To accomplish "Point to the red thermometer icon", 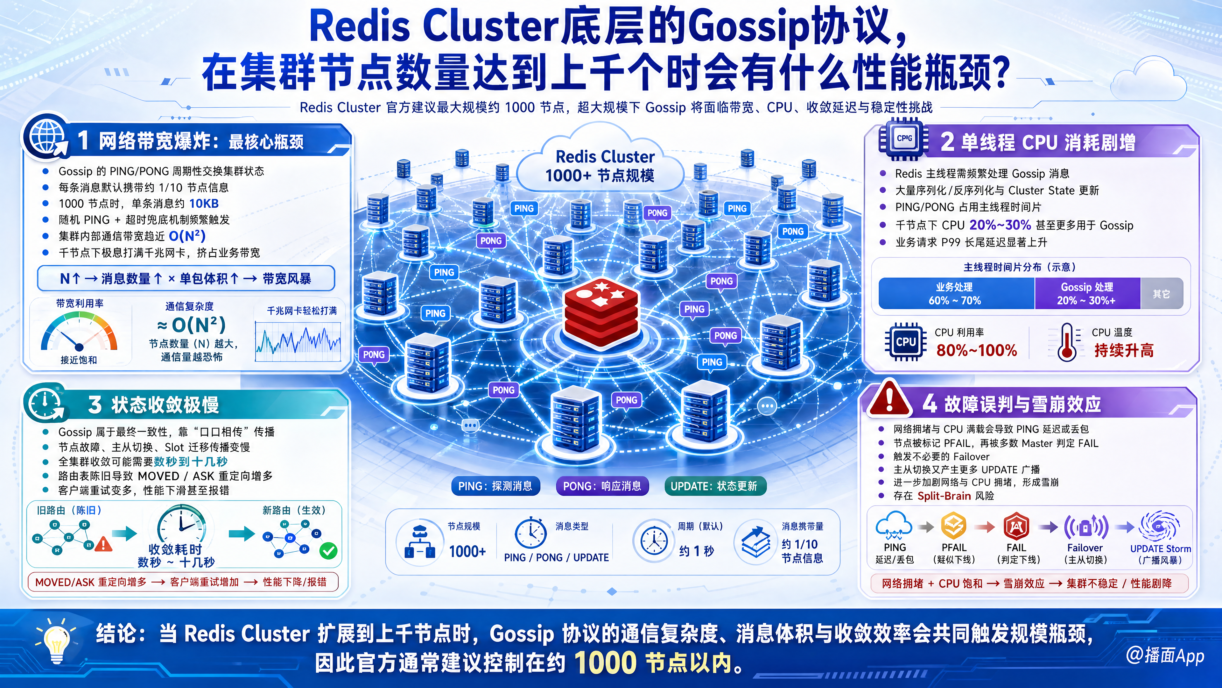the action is [1067, 342].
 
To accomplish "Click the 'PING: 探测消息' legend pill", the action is [495, 486].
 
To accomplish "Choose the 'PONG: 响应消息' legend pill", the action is [602, 486].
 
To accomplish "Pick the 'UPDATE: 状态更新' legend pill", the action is [715, 486].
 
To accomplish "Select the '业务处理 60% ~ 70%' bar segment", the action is [956, 293].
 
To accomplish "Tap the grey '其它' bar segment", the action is [1161, 293].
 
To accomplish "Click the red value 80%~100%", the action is [976, 350].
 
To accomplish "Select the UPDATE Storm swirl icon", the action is [1159, 526].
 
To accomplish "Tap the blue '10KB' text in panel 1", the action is [204, 204].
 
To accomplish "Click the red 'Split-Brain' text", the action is [944, 496].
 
